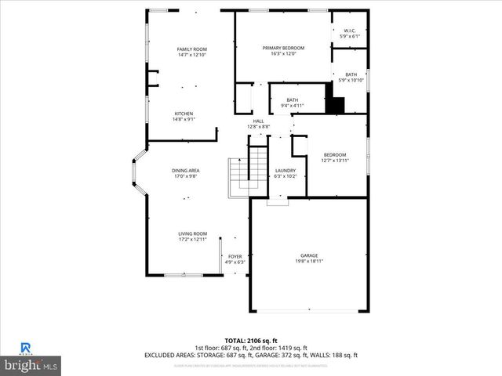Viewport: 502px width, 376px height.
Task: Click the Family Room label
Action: pos(191,49)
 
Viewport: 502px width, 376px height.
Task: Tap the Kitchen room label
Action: pos(184,114)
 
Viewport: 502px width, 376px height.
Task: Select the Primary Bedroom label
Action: pos(283,48)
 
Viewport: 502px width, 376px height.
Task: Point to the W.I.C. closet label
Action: pos(349,31)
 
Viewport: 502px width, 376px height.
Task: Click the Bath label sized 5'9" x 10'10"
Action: pos(351,74)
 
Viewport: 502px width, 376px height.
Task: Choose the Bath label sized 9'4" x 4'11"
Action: pos(293,99)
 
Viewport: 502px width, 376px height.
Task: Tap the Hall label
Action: pos(258,121)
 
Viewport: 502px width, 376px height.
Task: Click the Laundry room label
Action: pos(285,171)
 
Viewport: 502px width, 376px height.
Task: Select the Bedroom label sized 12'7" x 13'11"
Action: pos(335,155)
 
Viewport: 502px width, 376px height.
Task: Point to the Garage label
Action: pos(309,255)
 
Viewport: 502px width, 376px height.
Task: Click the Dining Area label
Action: pos(186,171)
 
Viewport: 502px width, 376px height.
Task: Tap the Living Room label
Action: pos(192,233)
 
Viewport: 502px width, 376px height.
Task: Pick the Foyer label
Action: pos(235,256)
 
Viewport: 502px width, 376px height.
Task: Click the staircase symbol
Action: pos(238,177)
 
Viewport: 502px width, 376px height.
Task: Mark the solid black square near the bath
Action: pos(335,104)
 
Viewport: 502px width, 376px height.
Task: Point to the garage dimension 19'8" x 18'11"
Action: pos(309,261)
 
